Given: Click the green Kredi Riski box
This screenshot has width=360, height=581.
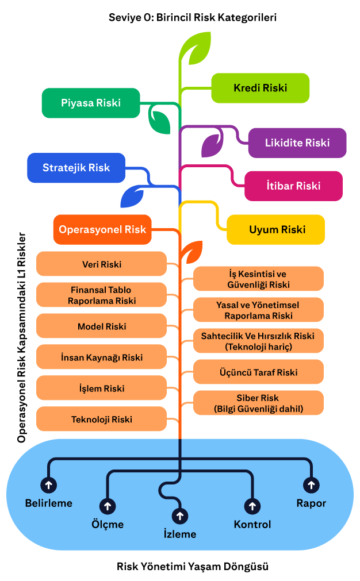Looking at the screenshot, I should [x=260, y=88].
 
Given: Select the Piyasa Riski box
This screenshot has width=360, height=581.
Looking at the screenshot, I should [x=91, y=103].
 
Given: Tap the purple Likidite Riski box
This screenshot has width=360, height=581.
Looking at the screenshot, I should [x=297, y=143].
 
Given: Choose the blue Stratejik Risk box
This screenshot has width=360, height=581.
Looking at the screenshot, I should [x=76, y=168].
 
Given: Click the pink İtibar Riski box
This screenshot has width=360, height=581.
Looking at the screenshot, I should [x=293, y=186].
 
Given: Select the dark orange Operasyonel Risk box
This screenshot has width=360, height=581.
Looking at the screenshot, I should [x=102, y=229].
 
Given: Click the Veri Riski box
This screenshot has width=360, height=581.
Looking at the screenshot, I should [x=101, y=264].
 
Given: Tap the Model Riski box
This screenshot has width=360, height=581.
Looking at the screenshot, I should [x=101, y=326].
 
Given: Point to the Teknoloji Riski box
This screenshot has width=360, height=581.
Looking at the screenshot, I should [x=101, y=420].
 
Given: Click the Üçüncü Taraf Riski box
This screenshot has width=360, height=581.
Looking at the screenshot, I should [x=258, y=372].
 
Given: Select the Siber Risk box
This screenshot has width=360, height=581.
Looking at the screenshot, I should [x=258, y=403].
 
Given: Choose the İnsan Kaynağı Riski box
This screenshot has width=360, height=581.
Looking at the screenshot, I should [x=101, y=357].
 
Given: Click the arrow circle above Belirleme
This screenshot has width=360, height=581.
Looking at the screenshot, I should [x=49, y=485].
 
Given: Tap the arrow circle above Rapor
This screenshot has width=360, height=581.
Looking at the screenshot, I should [x=311, y=485].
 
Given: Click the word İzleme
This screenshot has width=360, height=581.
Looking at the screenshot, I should [x=180, y=534].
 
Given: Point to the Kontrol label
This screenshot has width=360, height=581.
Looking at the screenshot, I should [x=252, y=524].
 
